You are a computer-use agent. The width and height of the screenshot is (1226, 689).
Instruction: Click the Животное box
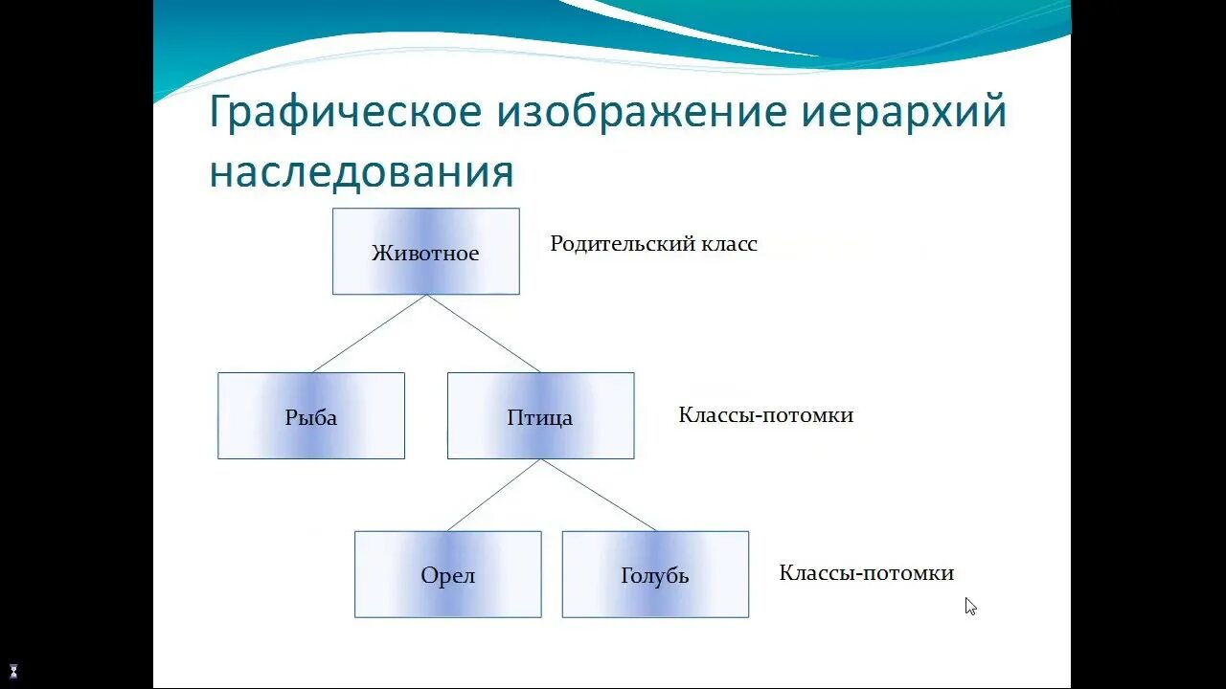(x=425, y=252)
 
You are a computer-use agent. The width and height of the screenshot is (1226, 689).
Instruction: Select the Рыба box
(x=311, y=416)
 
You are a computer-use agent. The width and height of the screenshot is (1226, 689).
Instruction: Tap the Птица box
(x=540, y=416)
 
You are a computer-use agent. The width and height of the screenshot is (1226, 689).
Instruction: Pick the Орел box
(x=447, y=575)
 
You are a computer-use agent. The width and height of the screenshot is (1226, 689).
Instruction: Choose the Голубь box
(x=655, y=575)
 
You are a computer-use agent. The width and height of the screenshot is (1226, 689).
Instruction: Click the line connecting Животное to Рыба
(x=370, y=333)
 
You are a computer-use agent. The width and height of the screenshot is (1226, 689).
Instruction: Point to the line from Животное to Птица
(x=484, y=333)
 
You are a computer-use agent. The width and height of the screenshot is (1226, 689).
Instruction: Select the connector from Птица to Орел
(x=494, y=495)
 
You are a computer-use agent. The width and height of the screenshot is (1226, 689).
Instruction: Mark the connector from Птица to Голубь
(x=599, y=495)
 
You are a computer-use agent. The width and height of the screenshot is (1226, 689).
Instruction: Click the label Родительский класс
(x=653, y=244)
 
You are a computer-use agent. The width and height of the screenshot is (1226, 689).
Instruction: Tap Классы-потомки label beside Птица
(x=765, y=415)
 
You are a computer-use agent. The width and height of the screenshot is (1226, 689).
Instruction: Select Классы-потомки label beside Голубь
(x=866, y=573)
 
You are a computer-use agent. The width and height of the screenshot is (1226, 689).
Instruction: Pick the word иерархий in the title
(x=903, y=113)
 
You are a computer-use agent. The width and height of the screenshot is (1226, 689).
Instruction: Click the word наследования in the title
(x=361, y=172)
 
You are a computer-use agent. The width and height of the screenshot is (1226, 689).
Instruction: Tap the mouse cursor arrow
(x=970, y=606)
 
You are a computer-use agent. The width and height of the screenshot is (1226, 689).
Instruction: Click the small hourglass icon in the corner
(x=13, y=671)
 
